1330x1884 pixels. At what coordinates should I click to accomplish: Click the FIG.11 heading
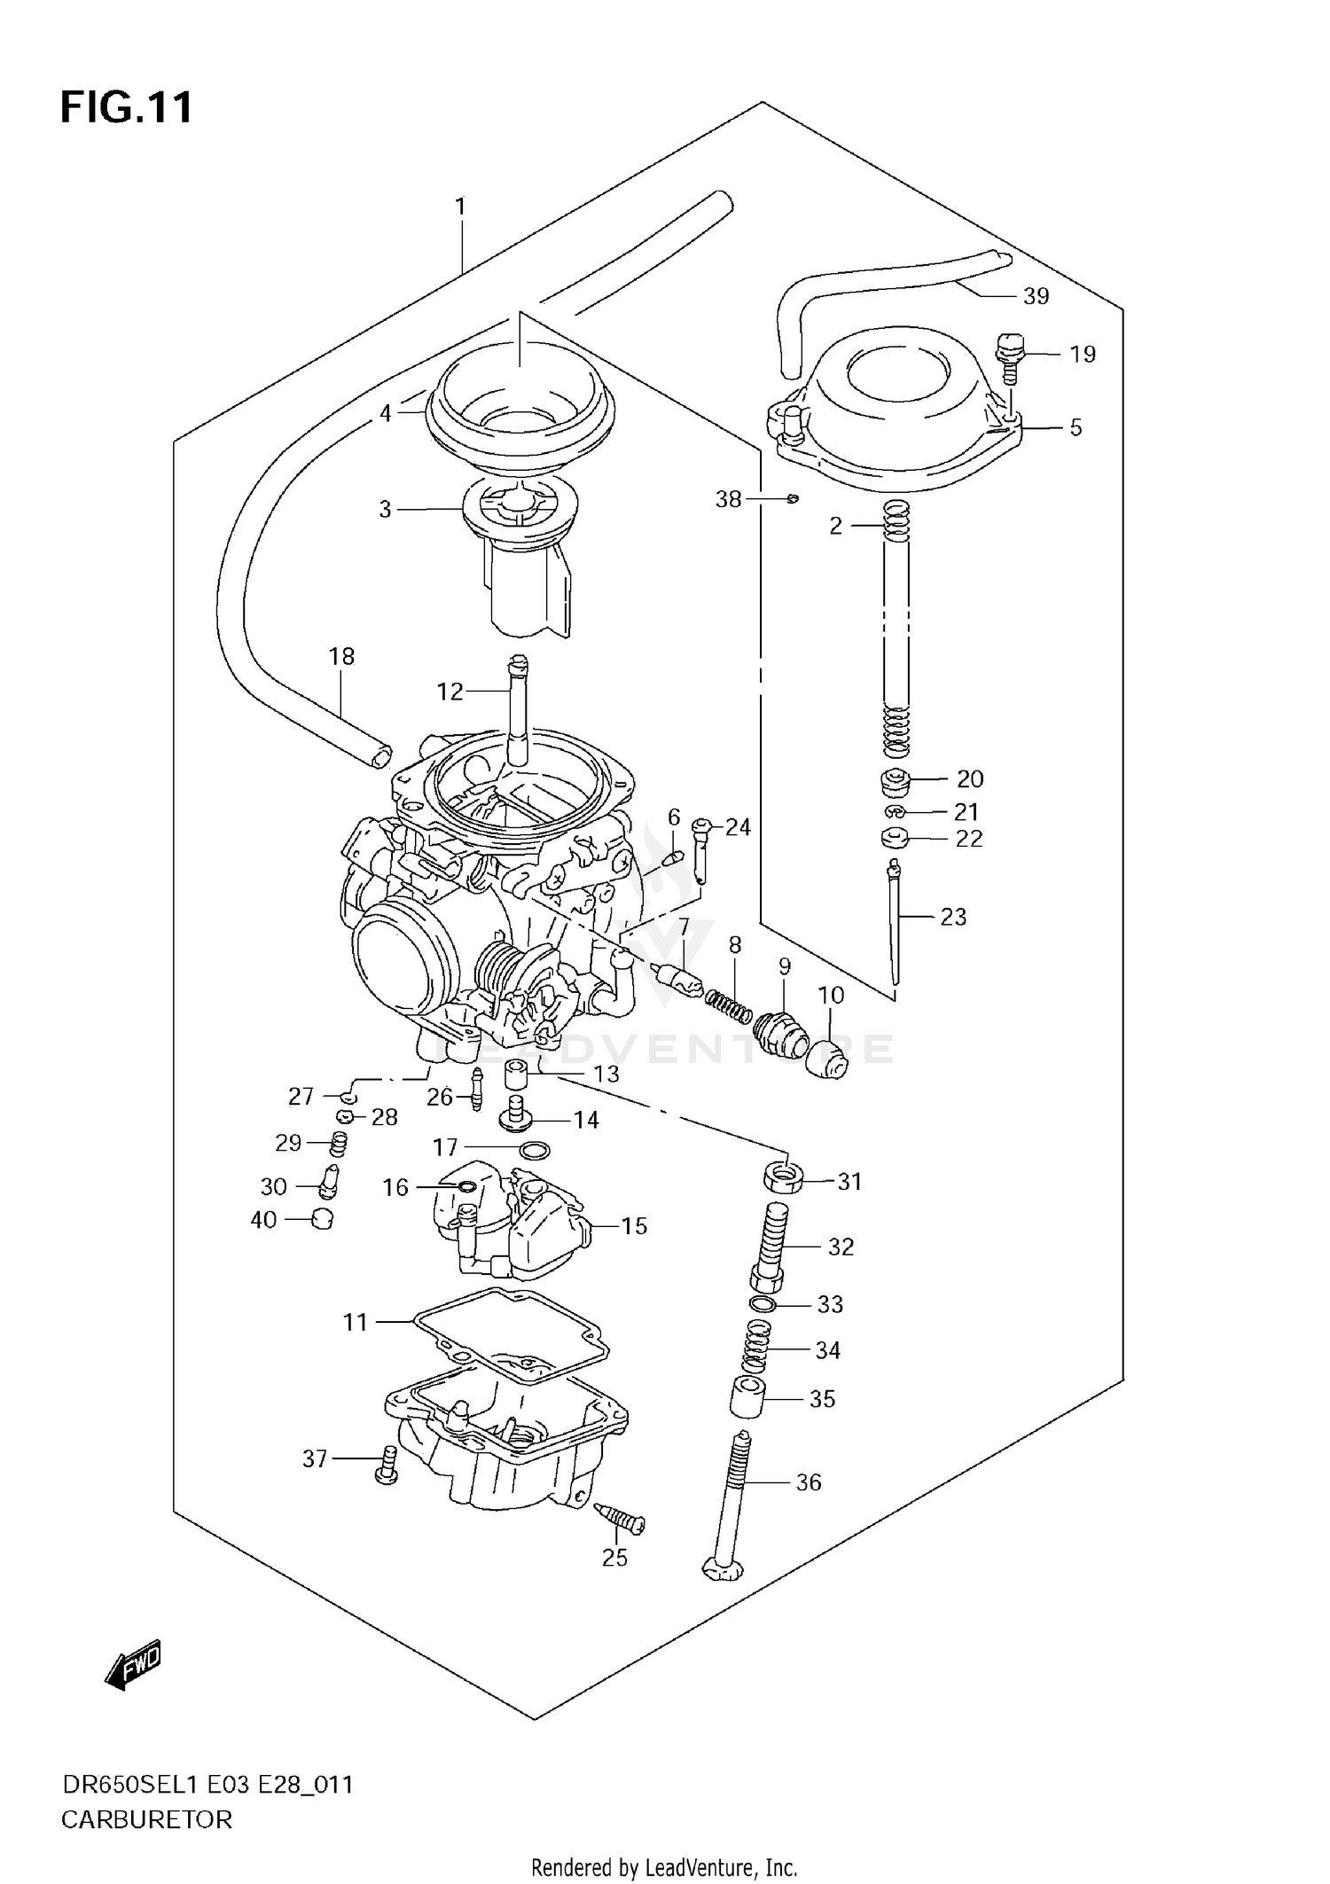126,108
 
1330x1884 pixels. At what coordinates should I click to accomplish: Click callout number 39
1036,296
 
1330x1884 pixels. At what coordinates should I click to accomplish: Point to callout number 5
1076,427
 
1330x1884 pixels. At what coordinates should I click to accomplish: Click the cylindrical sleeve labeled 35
747,1398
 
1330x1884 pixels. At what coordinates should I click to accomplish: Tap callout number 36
809,1481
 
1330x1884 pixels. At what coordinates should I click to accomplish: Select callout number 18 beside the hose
341,656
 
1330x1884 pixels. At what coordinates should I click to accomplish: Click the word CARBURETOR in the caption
146,1819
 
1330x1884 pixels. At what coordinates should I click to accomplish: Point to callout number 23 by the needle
953,917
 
